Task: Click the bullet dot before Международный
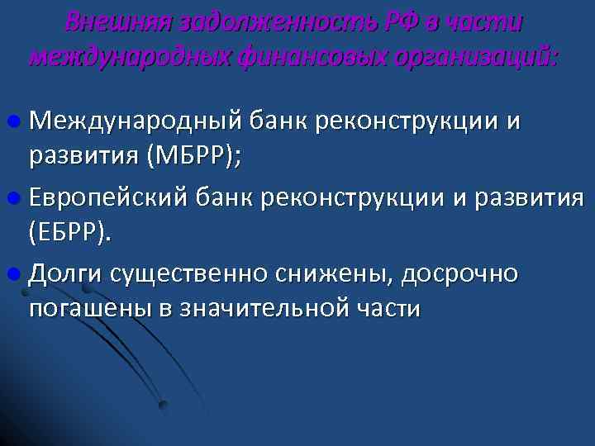click(x=17, y=122)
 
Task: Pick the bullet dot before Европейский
click(x=17, y=198)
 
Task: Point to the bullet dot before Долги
click(x=17, y=273)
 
